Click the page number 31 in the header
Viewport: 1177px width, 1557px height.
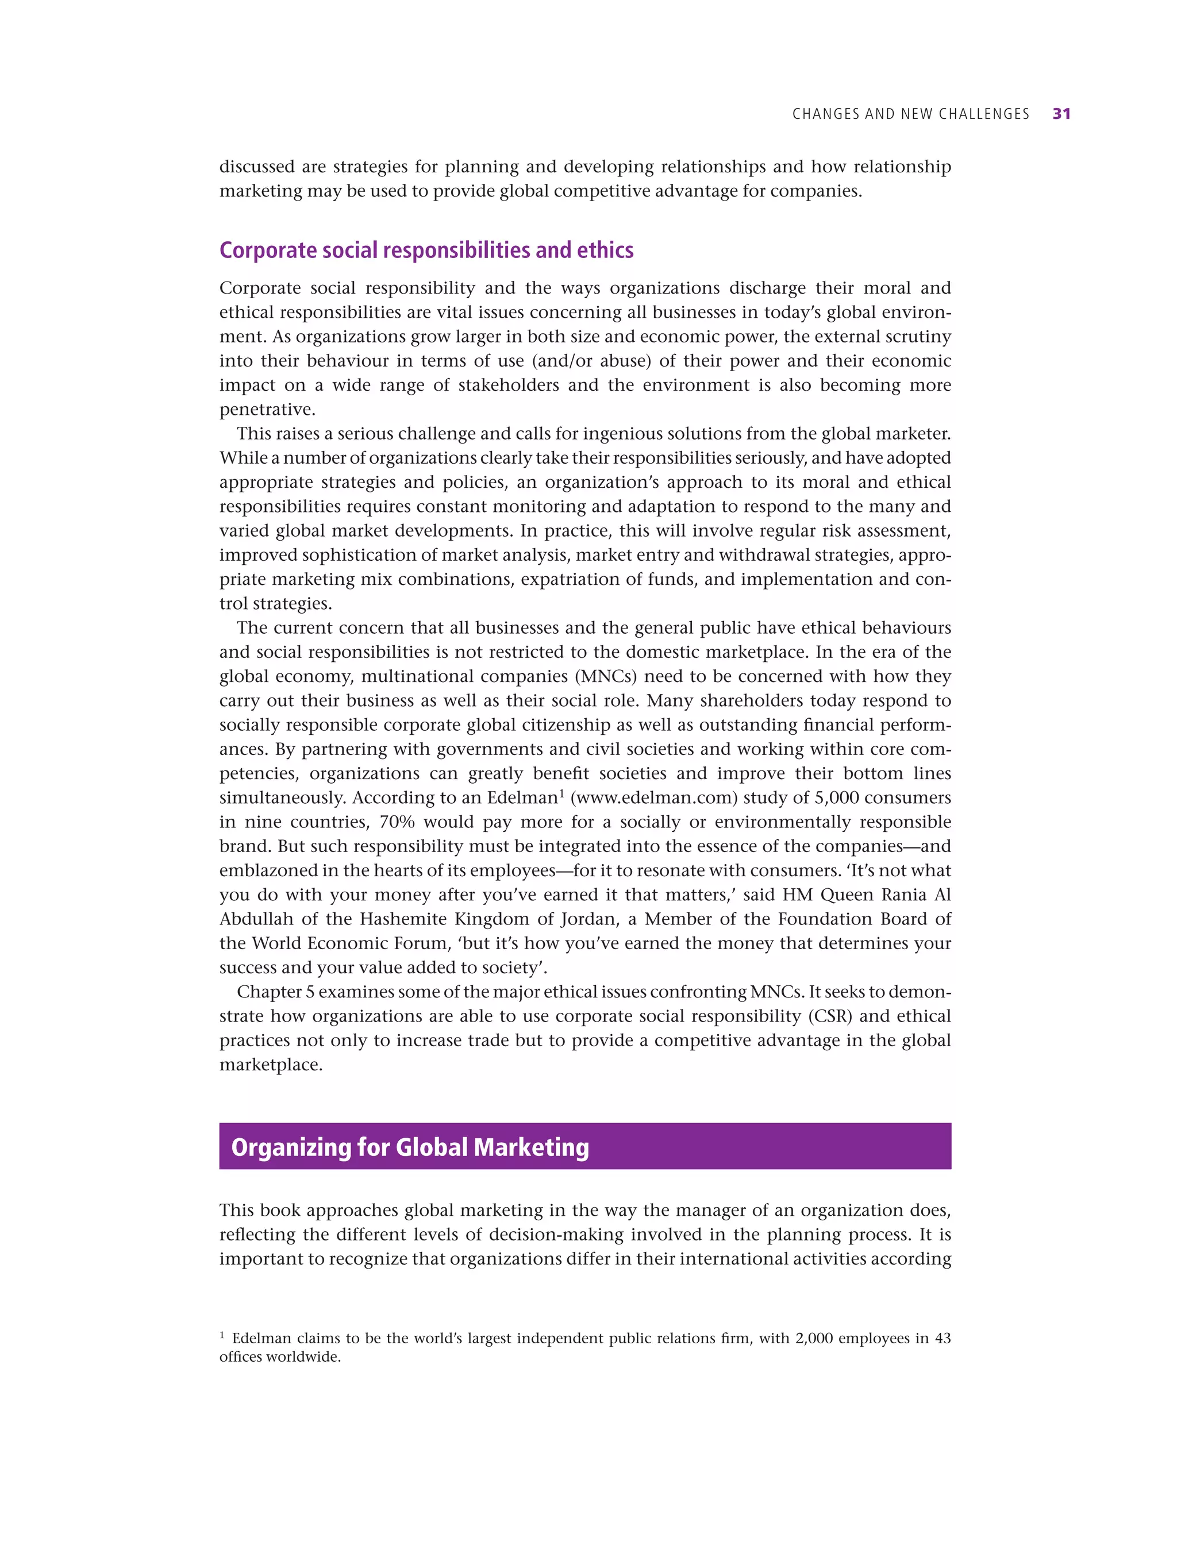[x=1061, y=114]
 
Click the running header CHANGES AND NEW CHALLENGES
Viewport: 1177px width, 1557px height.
[x=910, y=114]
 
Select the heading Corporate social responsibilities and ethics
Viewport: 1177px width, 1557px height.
[x=426, y=250]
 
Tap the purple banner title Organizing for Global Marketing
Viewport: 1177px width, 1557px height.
[x=410, y=1147]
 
